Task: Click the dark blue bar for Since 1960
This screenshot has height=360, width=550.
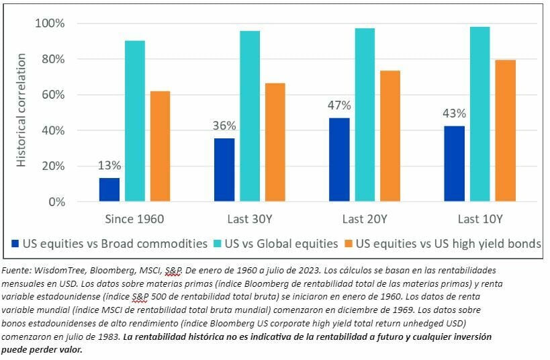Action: [109, 189]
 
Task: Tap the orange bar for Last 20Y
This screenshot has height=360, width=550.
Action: [389, 136]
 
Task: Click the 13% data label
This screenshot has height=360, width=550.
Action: [109, 166]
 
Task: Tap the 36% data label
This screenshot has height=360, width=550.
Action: [224, 126]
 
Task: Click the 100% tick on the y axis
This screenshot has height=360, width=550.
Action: [50, 24]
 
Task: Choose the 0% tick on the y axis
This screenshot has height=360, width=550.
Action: [55, 201]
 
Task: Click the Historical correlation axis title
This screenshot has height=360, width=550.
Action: [21, 112]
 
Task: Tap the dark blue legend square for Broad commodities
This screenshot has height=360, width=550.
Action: [16, 244]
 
